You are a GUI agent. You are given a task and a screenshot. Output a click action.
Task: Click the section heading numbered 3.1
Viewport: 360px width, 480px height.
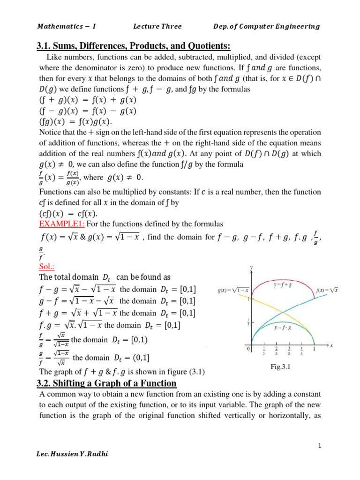[134, 45]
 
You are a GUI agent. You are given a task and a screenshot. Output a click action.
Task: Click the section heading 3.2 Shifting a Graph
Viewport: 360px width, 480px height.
[106, 383]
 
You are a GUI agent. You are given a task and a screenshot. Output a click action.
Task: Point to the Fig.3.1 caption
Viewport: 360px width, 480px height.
[281, 367]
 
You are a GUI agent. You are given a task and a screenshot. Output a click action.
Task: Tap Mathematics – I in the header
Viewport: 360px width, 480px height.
[66, 26]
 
